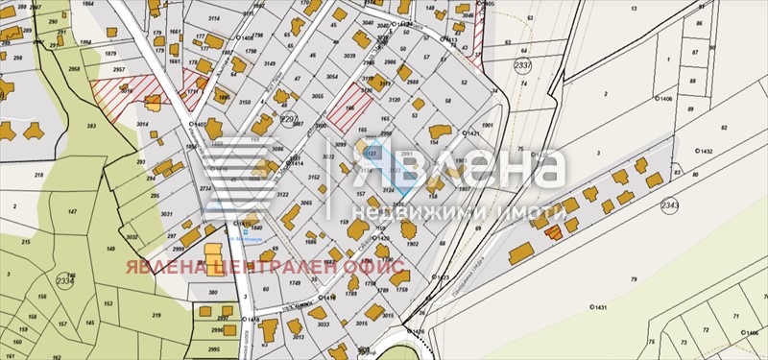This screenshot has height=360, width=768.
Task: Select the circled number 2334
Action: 64,279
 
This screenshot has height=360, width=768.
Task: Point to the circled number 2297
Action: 287,120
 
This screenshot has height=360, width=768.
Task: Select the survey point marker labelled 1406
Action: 658,98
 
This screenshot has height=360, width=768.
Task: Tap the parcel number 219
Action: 156,315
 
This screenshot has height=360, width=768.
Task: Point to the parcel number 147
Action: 72,209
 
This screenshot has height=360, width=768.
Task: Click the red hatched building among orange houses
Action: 552,230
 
